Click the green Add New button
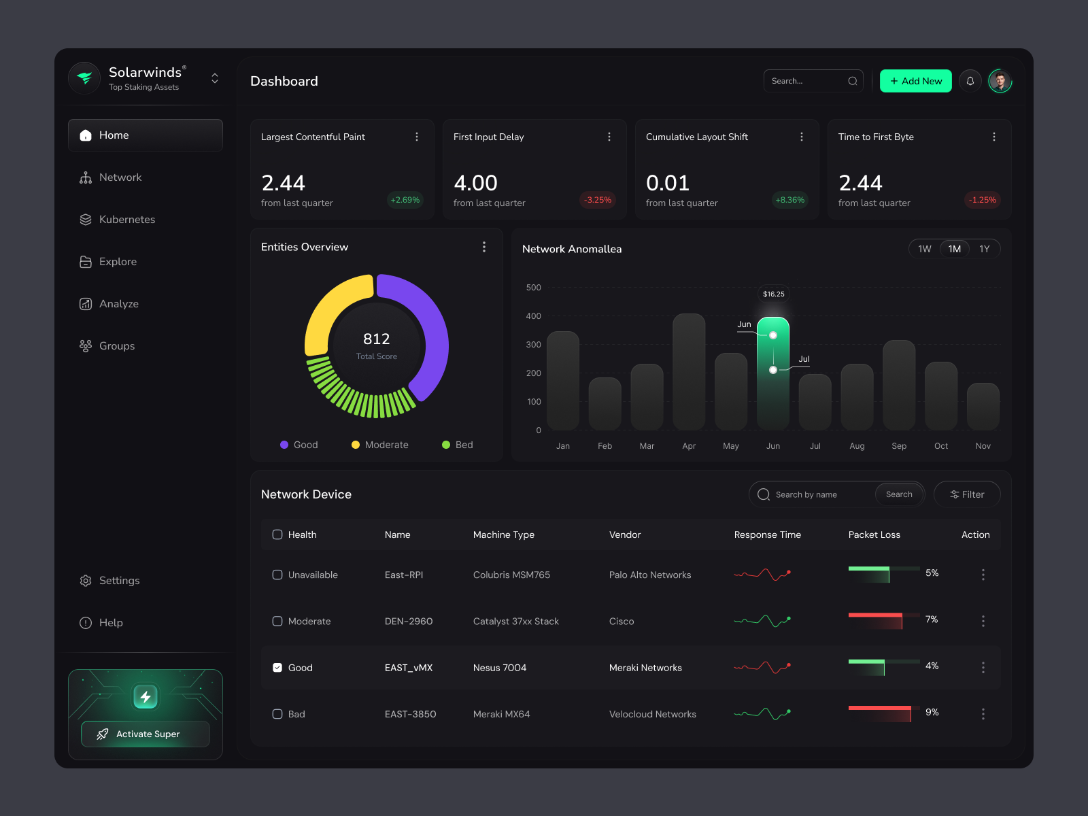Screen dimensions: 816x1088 (915, 81)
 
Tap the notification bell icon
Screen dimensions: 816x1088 (970, 81)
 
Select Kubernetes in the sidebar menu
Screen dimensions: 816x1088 (126, 220)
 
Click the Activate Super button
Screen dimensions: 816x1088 (146, 734)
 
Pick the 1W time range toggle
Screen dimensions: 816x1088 (924, 249)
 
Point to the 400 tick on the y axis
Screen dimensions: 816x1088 (533, 316)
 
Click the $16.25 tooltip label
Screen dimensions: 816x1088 (773, 294)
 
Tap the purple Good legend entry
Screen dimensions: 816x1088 (299, 445)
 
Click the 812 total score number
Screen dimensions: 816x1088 (376, 339)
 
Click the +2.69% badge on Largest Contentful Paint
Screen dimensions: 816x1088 (405, 200)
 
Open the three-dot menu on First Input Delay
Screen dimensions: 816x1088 (609, 137)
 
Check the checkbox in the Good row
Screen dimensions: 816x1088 (277, 668)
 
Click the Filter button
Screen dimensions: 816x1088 (966, 494)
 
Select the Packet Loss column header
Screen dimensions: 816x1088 (874, 534)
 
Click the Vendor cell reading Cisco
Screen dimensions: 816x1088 (622, 622)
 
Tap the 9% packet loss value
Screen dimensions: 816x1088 (932, 712)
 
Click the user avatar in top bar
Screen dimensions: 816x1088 (1000, 81)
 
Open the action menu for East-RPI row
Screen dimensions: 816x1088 (983, 575)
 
